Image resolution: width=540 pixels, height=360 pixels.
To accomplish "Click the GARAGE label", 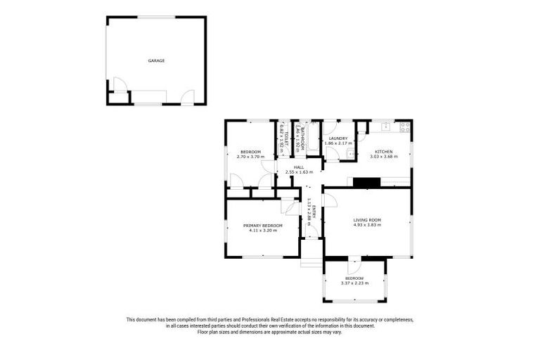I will (x=156, y=61).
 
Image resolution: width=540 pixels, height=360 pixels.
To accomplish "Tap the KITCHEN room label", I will (x=383, y=152).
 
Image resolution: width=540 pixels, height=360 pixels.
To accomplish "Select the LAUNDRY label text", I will (x=337, y=139).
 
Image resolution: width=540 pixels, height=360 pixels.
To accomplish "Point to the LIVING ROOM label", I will (x=367, y=220).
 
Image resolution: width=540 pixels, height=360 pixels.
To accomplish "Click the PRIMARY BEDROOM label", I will (x=263, y=225).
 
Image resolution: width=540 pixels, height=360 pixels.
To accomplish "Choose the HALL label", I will (x=299, y=167).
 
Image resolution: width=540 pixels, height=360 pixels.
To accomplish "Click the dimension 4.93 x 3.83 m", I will (x=367, y=226).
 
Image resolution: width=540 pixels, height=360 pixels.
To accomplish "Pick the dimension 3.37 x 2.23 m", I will (x=354, y=283).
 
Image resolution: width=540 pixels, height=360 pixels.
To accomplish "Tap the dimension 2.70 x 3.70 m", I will (x=250, y=157).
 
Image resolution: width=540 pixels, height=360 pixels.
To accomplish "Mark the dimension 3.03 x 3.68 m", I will (x=383, y=157).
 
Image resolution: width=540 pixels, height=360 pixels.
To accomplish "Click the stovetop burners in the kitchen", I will (x=405, y=127).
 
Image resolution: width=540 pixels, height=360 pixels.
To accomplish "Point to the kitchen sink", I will (x=385, y=127).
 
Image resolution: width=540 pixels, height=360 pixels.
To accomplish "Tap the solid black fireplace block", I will (x=366, y=183).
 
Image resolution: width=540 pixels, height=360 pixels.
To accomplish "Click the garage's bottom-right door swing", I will (x=187, y=98).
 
